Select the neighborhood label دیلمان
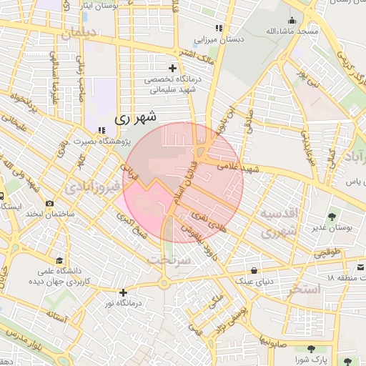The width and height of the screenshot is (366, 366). tap(79, 32)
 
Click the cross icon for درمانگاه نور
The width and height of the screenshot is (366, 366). tap(124, 292)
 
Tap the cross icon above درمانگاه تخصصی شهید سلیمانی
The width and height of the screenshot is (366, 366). tap(172, 68)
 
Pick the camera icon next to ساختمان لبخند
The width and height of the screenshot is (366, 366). tap(49, 203)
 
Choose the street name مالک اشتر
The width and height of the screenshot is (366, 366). tap(189, 52)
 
